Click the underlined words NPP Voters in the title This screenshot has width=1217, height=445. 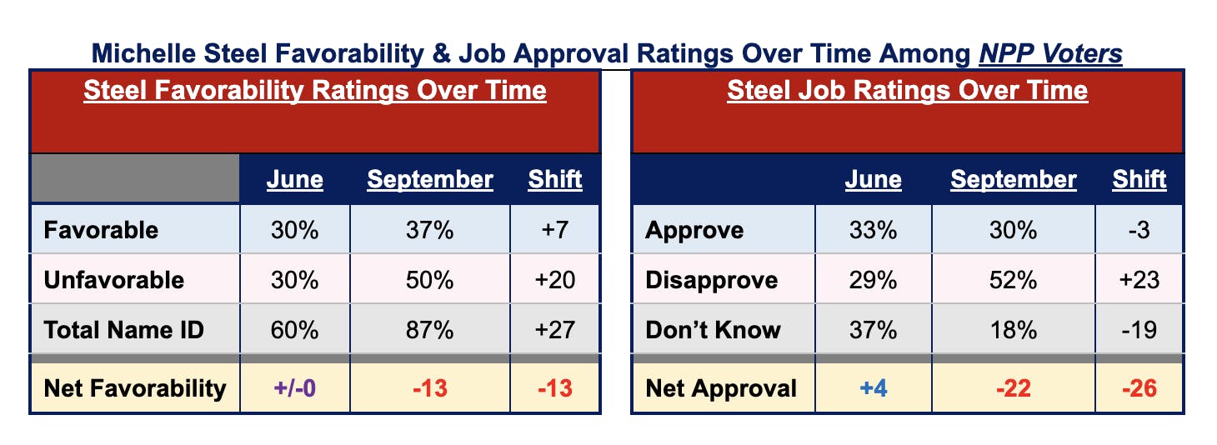tap(1052, 54)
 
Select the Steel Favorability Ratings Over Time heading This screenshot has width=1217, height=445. tap(315, 90)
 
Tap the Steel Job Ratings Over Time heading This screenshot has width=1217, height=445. tap(907, 90)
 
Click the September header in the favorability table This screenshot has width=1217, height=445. tap(430, 179)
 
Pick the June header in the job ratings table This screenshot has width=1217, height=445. tap(873, 179)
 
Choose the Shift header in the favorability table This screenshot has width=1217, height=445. tap(555, 179)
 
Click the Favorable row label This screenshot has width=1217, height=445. tap(100, 230)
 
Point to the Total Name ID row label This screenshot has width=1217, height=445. tap(123, 330)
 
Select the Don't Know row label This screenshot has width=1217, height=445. tap(713, 330)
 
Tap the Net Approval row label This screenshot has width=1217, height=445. tap(721, 388)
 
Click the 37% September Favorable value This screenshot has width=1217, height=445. tap(430, 230)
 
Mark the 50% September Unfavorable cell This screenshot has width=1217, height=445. tap(430, 280)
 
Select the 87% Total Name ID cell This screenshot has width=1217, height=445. tap(430, 330)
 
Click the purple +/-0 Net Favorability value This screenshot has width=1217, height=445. tap(295, 388)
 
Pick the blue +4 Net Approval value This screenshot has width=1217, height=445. tap(873, 388)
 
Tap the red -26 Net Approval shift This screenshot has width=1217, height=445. tap(1139, 388)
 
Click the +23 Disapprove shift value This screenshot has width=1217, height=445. tap(1139, 280)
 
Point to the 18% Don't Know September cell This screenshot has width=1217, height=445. tap(1014, 330)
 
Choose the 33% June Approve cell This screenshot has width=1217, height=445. tap(873, 230)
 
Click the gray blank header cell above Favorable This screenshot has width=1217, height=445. tap(135, 177)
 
